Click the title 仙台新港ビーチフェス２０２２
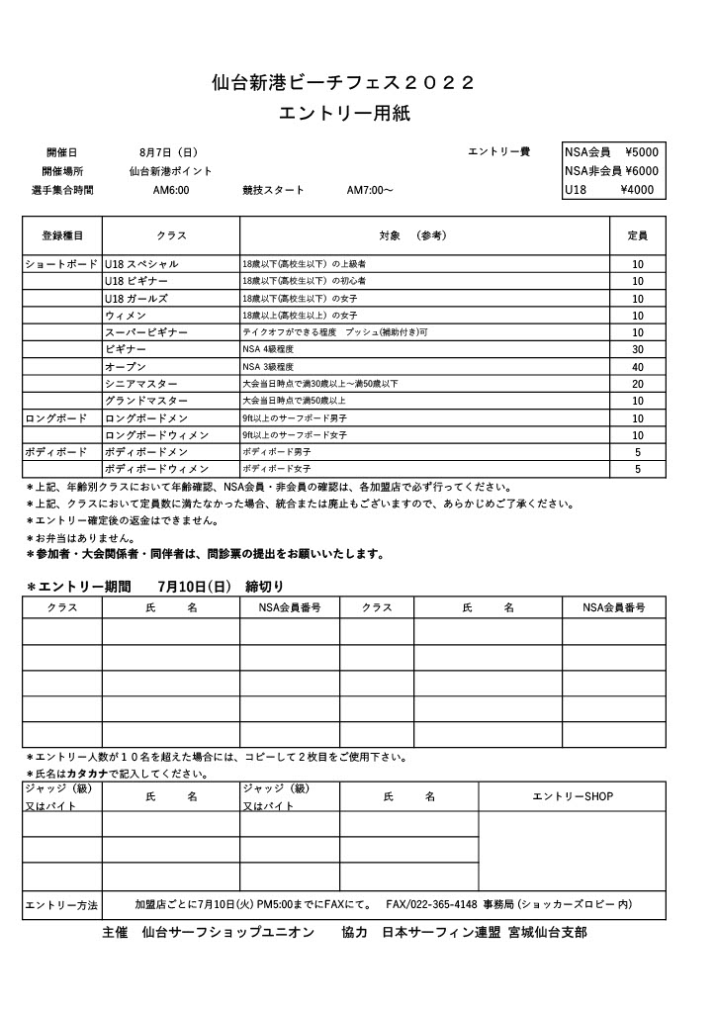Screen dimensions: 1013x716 (344, 83)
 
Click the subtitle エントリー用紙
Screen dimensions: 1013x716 (344, 114)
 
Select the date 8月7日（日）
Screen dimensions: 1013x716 (169, 152)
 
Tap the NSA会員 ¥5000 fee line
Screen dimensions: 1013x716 (610, 152)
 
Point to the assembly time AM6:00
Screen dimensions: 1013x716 (171, 190)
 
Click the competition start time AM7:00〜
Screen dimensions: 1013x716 (370, 190)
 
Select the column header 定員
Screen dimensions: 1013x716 (638, 236)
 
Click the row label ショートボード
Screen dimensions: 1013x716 (61, 264)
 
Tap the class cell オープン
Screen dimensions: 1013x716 (126, 367)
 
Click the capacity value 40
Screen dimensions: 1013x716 (638, 367)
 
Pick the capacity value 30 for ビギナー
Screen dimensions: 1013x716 (638, 349)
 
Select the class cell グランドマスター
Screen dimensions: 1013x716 (146, 401)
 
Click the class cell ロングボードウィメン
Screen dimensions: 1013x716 (156, 435)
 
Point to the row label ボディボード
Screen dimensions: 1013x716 (56, 452)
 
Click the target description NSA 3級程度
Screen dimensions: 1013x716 (269, 367)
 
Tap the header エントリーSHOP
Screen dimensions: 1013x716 (573, 796)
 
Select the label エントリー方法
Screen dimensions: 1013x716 (61, 905)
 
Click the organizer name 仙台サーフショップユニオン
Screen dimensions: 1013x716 (227, 933)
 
